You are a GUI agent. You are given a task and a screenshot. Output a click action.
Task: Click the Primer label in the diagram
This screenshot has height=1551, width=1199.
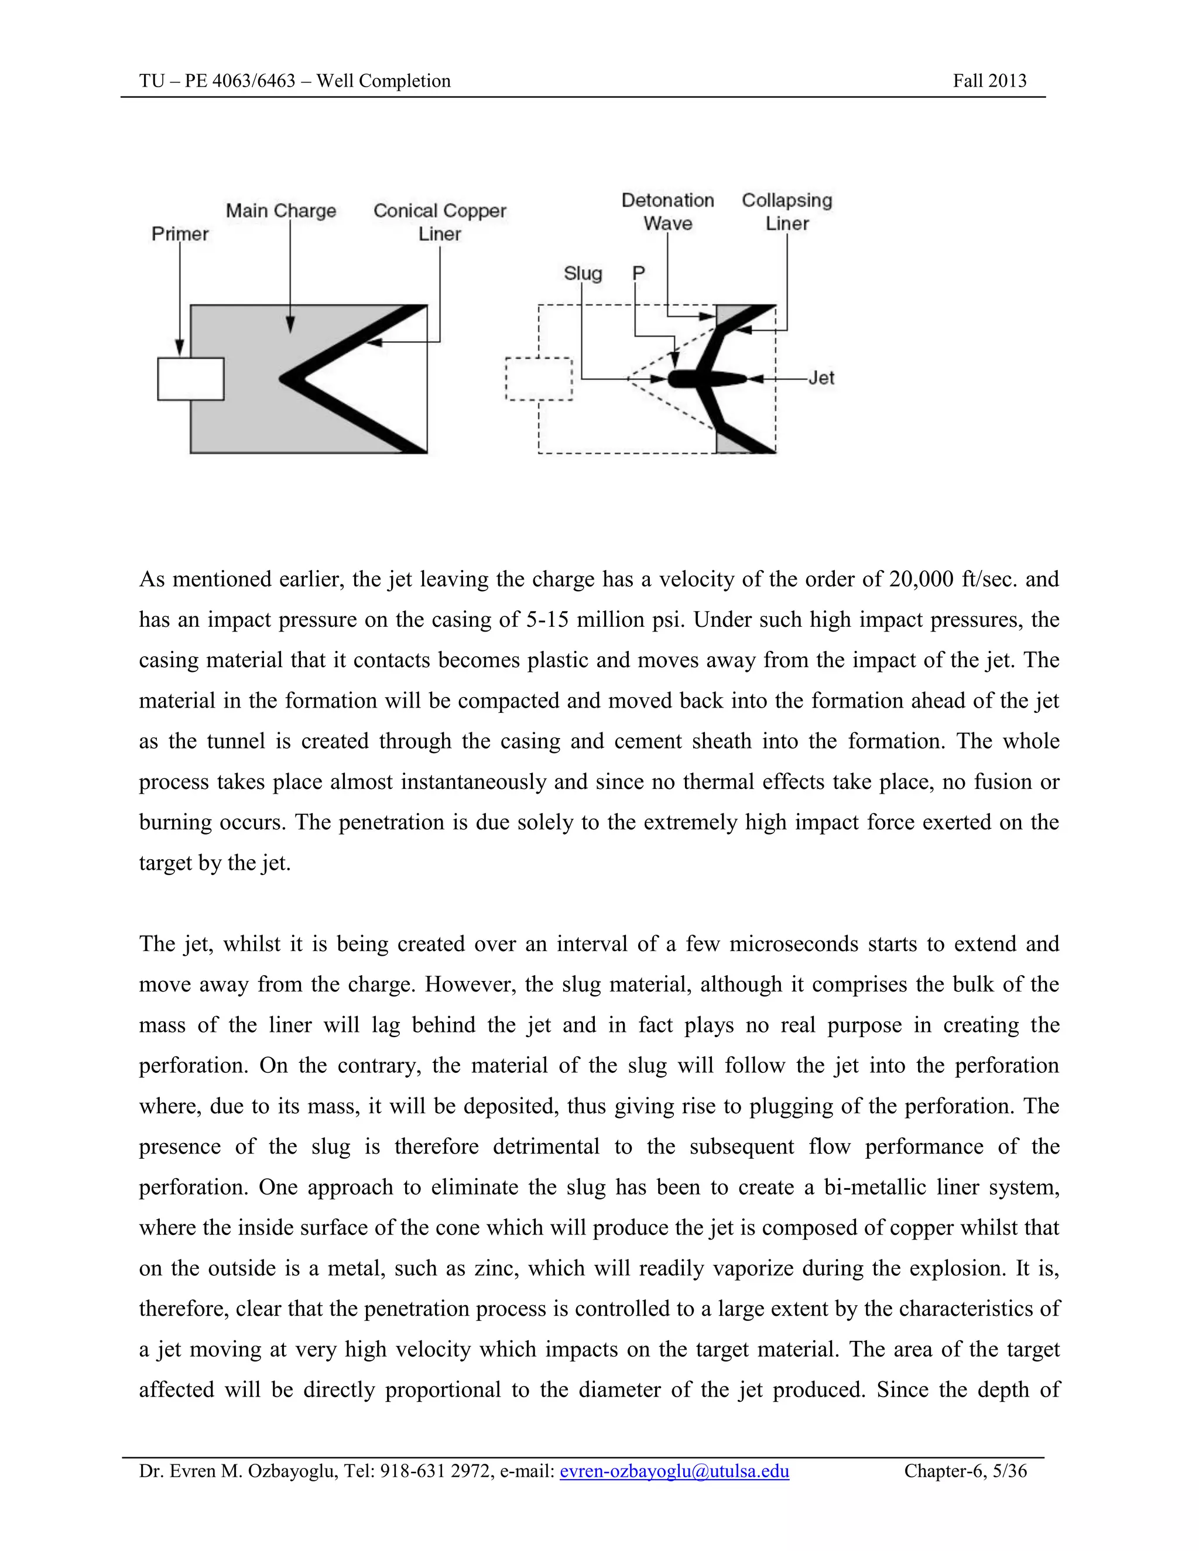click(180, 234)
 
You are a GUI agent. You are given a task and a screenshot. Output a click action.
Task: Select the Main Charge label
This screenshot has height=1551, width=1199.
click(280, 211)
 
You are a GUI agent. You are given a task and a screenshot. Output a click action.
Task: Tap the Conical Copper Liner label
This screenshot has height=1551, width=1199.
click(440, 222)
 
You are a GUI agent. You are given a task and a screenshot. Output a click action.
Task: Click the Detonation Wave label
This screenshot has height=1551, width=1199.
click(667, 212)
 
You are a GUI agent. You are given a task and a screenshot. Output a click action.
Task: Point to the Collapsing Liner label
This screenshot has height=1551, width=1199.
click(786, 212)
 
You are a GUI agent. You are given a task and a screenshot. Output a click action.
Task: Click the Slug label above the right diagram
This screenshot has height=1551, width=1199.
click(583, 273)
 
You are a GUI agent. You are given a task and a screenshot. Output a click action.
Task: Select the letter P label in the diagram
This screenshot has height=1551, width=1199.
click(638, 273)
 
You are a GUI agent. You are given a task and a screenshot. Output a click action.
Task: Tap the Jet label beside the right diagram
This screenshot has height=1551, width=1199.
click(821, 378)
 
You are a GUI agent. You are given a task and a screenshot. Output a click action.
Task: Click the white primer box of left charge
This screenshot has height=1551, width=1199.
click(190, 379)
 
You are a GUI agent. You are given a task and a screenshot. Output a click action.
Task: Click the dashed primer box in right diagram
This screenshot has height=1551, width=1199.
click(539, 379)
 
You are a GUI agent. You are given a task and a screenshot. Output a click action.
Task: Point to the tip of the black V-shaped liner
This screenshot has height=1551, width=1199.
click(284, 379)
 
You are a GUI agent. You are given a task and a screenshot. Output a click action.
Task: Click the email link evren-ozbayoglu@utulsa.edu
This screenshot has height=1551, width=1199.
click(674, 1471)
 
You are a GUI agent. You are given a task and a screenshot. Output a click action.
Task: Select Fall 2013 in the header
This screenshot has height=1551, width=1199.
click(989, 81)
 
